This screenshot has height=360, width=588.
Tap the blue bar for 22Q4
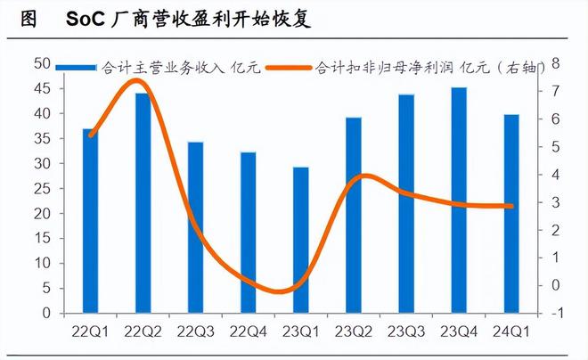(x=249, y=233)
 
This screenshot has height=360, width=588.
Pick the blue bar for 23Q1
(x=301, y=240)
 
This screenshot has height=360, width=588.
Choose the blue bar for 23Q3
(x=406, y=204)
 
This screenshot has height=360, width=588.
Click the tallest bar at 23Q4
(x=459, y=200)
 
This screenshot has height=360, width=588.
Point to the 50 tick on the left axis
(x=41, y=63)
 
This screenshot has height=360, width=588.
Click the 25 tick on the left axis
(x=41, y=189)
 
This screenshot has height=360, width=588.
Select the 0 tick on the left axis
(x=45, y=314)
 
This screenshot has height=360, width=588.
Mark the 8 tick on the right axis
(x=554, y=63)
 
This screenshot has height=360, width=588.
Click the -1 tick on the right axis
(x=556, y=314)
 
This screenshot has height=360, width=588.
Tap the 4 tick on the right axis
(x=554, y=175)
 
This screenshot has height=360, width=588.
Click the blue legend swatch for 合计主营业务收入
(x=77, y=67)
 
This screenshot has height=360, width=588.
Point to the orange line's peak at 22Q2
(x=136, y=81)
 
